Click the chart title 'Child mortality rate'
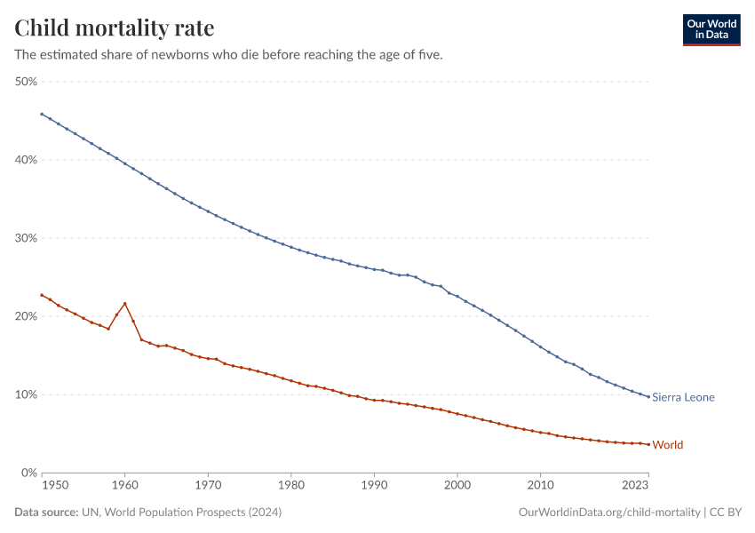click(x=115, y=28)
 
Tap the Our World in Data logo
click(x=711, y=29)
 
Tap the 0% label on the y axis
click(x=28, y=473)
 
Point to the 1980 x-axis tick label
click(x=290, y=486)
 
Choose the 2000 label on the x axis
click(x=457, y=486)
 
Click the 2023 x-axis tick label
click(x=635, y=486)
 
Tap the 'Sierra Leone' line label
click(x=683, y=397)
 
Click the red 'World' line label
click(x=667, y=444)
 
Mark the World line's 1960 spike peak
click(x=124, y=303)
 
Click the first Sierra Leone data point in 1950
click(x=42, y=114)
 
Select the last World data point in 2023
click(x=648, y=444)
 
